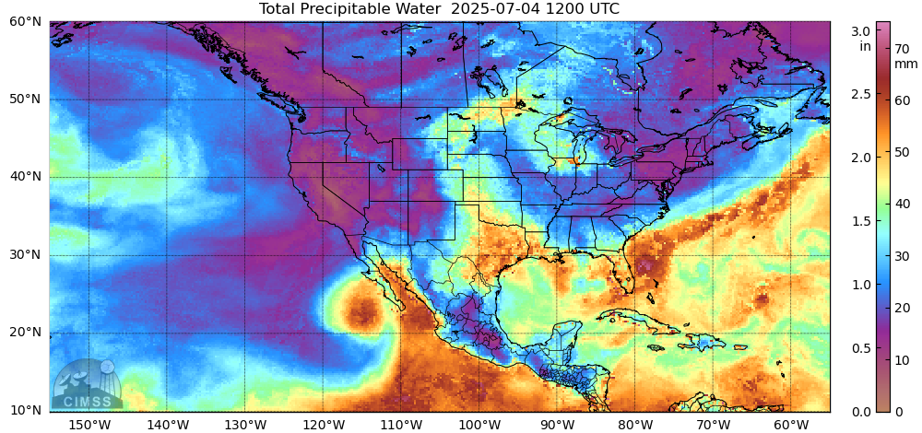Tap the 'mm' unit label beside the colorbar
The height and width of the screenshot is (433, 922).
(906, 64)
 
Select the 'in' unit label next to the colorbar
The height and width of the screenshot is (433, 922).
(865, 45)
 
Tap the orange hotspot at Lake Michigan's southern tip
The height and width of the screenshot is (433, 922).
(575, 159)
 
